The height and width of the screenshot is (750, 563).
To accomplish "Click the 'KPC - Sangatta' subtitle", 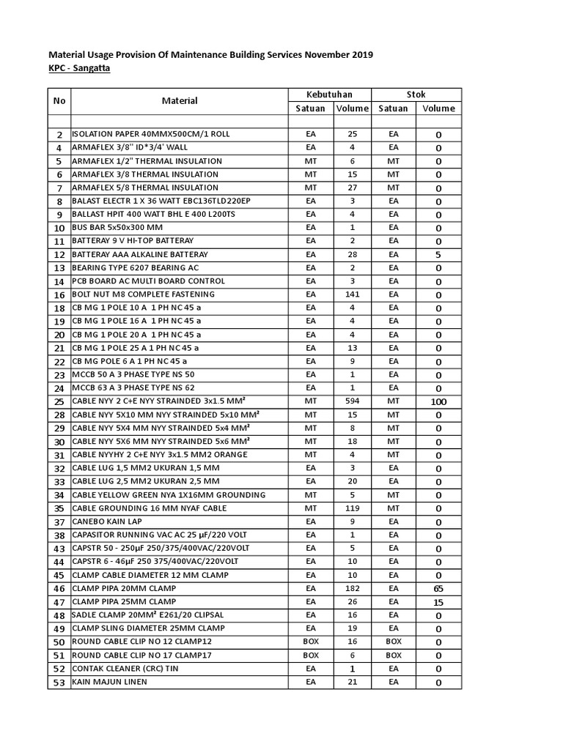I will (80, 68).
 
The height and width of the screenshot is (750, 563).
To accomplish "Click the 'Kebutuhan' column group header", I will (329, 94).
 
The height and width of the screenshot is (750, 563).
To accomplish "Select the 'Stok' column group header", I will (416, 94).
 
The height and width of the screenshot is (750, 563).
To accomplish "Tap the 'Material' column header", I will (179, 101).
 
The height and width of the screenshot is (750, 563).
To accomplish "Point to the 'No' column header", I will (59, 101).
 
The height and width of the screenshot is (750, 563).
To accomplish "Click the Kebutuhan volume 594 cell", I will (352, 401).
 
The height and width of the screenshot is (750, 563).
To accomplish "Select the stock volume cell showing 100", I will (438, 402).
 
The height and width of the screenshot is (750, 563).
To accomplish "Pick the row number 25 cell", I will (59, 402).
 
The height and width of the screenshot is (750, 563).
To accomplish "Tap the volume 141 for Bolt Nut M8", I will (352, 294).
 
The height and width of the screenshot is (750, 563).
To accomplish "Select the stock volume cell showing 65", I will (438, 589).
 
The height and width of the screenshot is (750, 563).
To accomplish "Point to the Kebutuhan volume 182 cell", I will (352, 588).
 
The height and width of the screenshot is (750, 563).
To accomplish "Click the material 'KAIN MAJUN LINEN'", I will (109, 682).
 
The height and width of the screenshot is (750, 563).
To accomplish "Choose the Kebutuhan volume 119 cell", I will (352, 508).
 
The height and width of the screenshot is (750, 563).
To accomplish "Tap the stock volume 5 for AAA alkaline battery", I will (438, 255).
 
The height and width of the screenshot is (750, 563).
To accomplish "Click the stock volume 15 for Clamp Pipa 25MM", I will (438, 602).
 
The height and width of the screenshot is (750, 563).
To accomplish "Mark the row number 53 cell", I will (59, 683).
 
